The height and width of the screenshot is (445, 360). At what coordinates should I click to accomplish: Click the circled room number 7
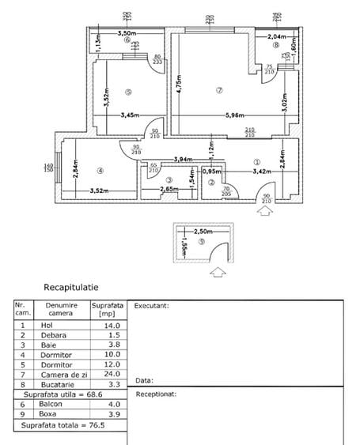(x=219, y=91)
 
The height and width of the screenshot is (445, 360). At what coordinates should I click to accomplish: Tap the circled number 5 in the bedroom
(x=127, y=91)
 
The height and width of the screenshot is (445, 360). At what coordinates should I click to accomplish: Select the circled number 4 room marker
(x=100, y=170)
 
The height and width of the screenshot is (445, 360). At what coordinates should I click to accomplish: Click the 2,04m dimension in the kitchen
(x=276, y=37)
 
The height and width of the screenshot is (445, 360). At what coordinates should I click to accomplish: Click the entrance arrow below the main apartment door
(x=263, y=210)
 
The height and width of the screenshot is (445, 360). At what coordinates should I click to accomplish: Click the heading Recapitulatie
(x=71, y=288)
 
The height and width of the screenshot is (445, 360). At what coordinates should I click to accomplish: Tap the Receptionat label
(x=156, y=393)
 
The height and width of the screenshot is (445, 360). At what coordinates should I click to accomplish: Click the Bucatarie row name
(x=59, y=383)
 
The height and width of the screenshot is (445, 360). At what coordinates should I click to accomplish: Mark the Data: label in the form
(x=144, y=379)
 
